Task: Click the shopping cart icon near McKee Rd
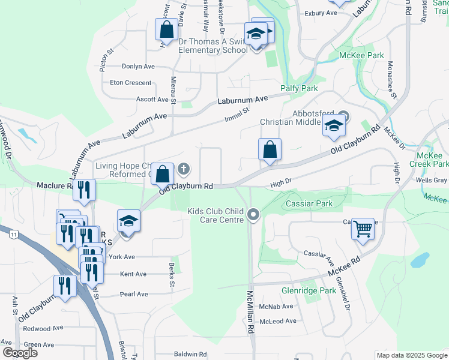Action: coord(363,229)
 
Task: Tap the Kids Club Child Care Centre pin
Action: coord(254,214)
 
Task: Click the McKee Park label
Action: coord(361,56)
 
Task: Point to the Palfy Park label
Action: coord(299,88)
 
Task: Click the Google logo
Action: coord(20,353)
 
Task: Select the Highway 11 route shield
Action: coord(13,235)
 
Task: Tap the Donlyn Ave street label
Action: coord(138,67)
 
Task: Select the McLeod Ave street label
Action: coord(278,321)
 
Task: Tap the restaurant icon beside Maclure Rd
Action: coord(83,190)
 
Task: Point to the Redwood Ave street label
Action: coord(43,329)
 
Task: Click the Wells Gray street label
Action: coord(432,180)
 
